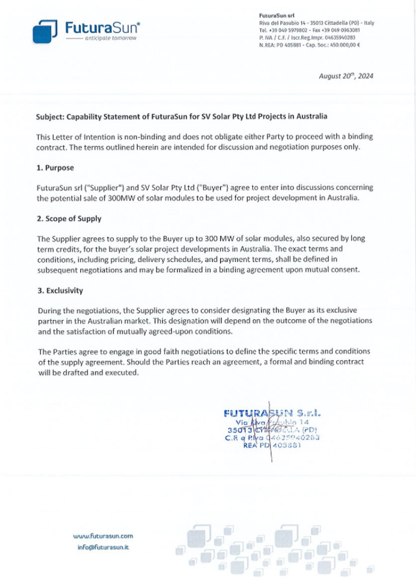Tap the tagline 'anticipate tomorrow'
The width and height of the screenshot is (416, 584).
110,38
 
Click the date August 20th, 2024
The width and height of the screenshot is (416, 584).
347,77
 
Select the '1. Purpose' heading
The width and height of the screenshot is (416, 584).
55,168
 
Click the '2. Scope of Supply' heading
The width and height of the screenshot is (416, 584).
69,219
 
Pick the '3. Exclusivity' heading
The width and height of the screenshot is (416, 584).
60,290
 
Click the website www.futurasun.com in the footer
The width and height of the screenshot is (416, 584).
103,536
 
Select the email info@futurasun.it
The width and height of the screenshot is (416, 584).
103,547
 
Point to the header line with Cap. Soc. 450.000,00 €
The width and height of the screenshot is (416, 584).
310,44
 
